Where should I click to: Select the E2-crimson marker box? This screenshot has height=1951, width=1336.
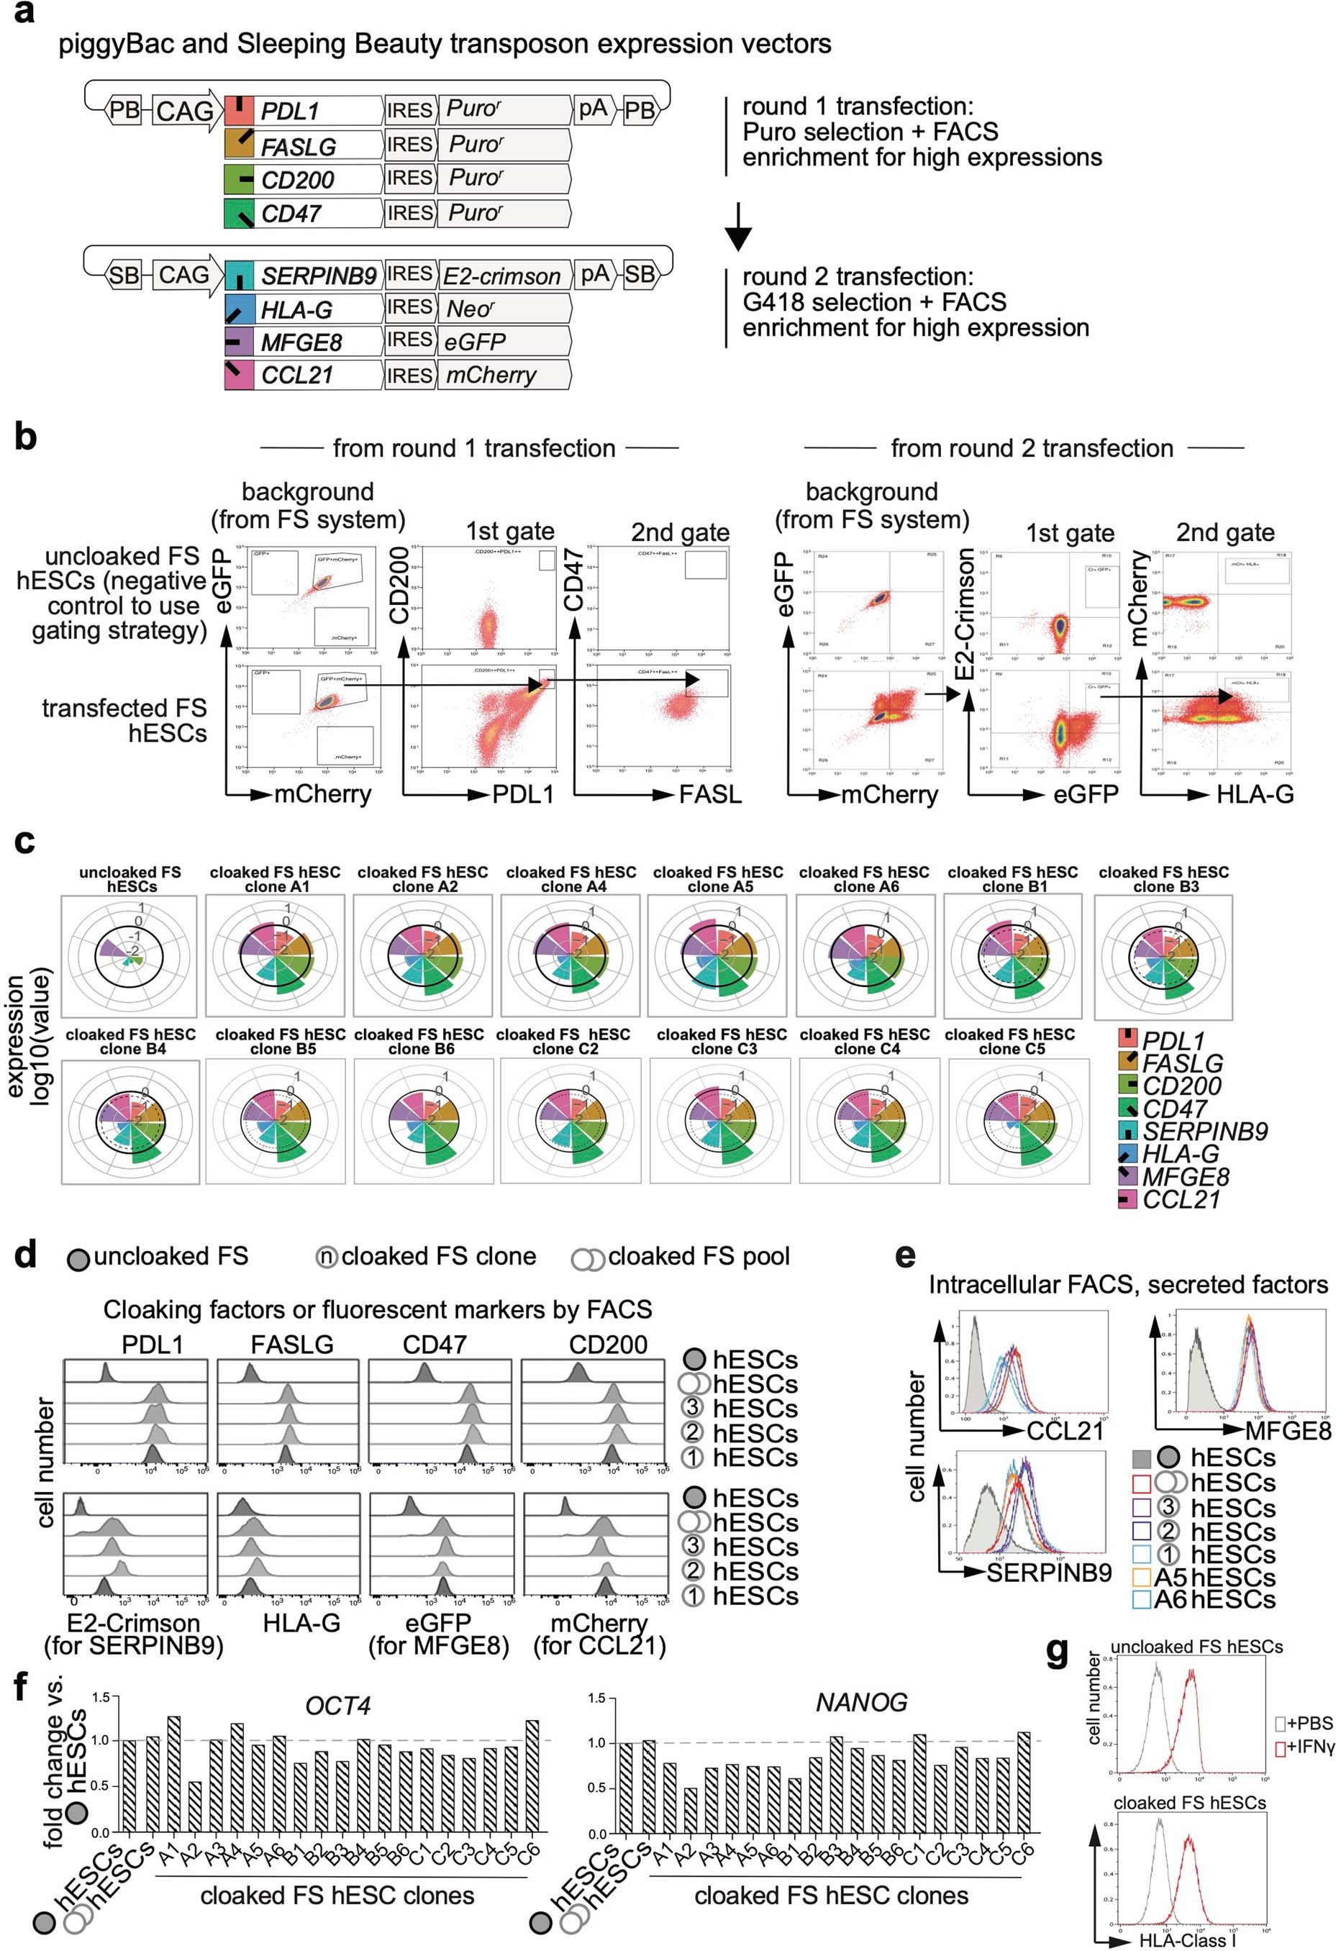click(501, 276)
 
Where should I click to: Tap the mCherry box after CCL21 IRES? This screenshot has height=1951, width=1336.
click(491, 376)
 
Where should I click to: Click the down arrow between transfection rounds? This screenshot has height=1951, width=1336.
click(737, 227)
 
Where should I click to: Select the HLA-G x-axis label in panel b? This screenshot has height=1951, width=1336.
click(1255, 793)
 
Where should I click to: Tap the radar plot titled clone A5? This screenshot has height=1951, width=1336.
click(718, 955)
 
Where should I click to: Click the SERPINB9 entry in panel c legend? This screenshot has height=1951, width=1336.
click(1204, 1132)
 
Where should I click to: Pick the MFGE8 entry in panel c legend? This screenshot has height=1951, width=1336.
click(1186, 1177)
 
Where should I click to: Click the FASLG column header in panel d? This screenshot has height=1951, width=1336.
click(292, 1345)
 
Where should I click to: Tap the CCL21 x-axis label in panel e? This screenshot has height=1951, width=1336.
click(1064, 1430)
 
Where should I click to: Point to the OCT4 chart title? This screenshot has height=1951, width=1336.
click(337, 1706)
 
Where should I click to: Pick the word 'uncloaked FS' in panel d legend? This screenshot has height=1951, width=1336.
click(171, 1257)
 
